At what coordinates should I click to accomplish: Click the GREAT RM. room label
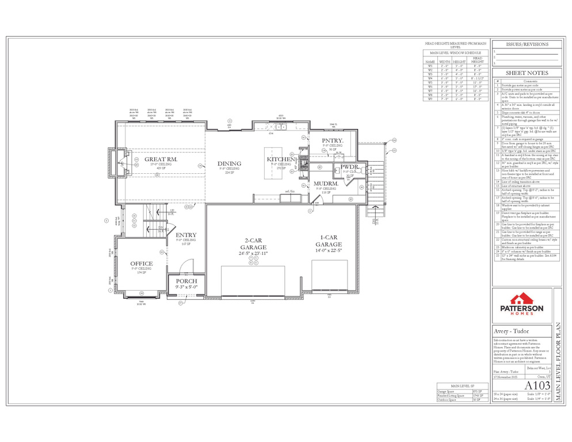pos(161,159)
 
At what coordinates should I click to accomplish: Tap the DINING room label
pos(229,164)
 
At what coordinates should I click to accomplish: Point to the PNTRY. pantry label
pos(333,140)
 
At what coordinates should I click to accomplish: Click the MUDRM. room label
pos(325,184)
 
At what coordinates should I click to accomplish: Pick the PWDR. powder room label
pos(350,166)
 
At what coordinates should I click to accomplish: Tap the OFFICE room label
pos(141,264)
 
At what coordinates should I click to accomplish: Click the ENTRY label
pos(186,235)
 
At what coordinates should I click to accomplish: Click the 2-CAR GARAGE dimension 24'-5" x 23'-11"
pos(253,253)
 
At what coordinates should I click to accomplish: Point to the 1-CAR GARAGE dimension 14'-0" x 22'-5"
pos(329,250)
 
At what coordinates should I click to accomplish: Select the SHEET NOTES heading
pos(527,73)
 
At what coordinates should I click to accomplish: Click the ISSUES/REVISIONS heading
pos(527,44)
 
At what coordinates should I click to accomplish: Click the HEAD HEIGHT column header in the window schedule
pos(478,60)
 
